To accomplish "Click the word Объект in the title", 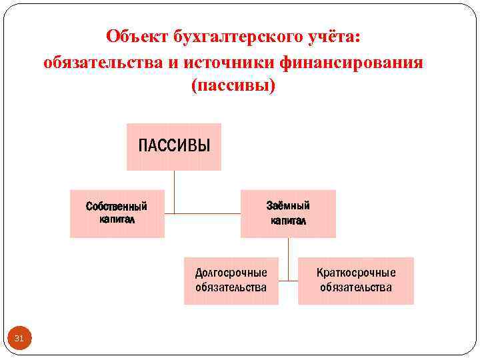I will (137, 37).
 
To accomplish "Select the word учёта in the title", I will (336, 37).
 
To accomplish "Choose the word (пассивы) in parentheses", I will (233, 87).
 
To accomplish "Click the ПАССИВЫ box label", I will (174, 145).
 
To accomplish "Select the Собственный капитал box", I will (117, 213).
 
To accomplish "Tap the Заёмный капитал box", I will (288, 213).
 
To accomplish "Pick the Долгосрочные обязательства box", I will (231, 281).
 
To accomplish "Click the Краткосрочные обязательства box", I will (355, 281).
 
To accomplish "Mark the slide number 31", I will (19, 339).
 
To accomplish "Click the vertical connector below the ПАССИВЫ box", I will (174, 192).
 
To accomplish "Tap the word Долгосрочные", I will (231, 273).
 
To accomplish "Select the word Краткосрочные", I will (356, 273).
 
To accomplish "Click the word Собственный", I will (117, 206).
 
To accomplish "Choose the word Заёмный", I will (288, 205).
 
